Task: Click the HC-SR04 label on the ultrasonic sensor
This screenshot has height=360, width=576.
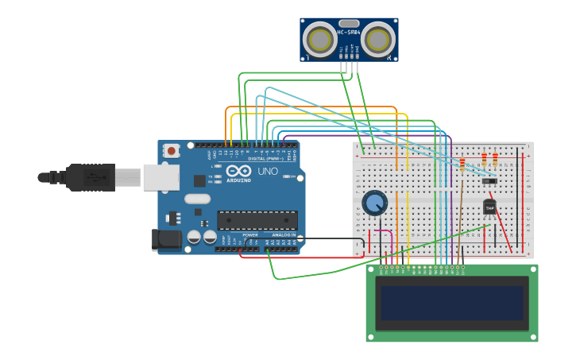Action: click(349, 33)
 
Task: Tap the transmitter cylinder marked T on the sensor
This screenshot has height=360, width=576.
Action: click(321, 39)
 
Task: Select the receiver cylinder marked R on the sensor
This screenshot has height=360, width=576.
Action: click(378, 39)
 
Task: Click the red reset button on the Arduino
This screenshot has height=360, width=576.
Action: click(172, 150)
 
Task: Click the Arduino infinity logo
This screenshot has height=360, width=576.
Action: click(238, 171)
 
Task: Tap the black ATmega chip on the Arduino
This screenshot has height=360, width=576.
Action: click(257, 220)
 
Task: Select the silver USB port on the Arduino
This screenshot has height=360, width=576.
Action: click(161, 177)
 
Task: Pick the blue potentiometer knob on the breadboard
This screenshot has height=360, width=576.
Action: click(375, 203)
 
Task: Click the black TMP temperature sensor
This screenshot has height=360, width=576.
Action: click(489, 207)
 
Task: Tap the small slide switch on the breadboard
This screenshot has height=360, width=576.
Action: click(489, 181)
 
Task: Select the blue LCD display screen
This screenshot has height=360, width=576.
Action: click(451, 303)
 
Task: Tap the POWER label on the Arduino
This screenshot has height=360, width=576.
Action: click(249, 235)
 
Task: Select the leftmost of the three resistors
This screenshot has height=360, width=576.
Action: click(462, 164)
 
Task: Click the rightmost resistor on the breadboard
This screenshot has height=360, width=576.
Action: click(495, 159)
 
